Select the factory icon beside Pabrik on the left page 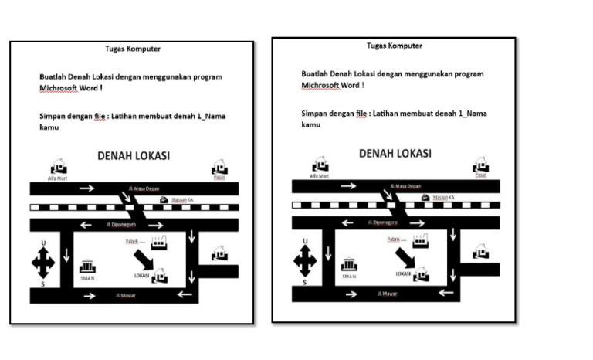pyautogui.click(x=161, y=242)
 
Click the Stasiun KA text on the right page pyautogui.click(x=442, y=198)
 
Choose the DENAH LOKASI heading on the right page pyautogui.click(x=395, y=154)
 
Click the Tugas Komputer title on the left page pyautogui.click(x=133, y=49)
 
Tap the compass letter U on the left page pyautogui.click(x=43, y=243)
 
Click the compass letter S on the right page pyautogui.click(x=304, y=283)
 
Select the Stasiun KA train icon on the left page pyautogui.click(x=164, y=200)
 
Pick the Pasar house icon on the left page pyautogui.click(x=220, y=168)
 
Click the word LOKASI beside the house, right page pyautogui.click(x=402, y=273)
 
